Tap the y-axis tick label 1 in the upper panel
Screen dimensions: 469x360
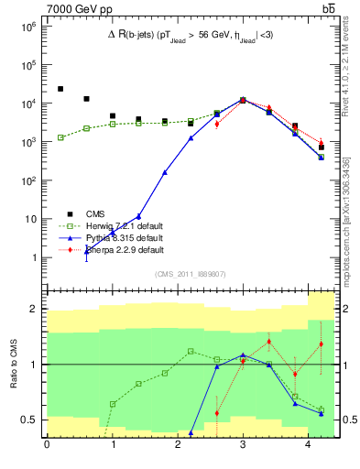pos(34,257)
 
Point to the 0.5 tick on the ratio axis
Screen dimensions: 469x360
pos(29,420)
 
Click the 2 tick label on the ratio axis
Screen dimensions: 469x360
pos(34,309)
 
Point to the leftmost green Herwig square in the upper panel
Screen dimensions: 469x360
pos(60,137)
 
